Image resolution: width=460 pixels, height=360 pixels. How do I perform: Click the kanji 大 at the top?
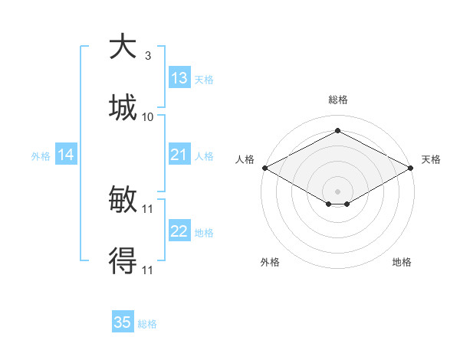click(123, 47)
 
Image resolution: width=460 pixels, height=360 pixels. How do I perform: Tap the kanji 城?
click(123, 107)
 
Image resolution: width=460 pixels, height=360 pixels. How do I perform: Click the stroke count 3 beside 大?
click(147, 56)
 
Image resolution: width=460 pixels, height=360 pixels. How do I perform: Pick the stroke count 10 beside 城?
click(148, 116)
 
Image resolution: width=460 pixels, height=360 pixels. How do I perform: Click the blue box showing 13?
click(179, 78)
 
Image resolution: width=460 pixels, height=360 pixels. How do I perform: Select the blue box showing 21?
click(179, 155)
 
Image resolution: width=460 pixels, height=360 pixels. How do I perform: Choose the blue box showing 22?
click(179, 231)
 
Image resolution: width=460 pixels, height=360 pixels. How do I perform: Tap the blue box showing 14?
click(66, 155)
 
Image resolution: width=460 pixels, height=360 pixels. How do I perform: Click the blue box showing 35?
click(123, 322)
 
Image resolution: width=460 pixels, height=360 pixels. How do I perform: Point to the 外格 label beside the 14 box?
click(41, 156)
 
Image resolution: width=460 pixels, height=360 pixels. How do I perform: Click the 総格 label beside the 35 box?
click(147, 324)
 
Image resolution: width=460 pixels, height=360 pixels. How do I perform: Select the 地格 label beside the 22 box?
click(204, 233)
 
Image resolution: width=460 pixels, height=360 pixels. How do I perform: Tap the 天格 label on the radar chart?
click(431, 159)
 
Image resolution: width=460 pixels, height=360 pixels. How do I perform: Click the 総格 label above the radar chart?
click(337, 100)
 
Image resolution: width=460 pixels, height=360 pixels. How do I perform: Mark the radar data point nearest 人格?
click(264, 168)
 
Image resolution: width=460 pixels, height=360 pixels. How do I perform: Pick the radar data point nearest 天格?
click(411, 168)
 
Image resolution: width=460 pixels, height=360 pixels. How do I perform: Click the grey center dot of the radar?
click(337, 191)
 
